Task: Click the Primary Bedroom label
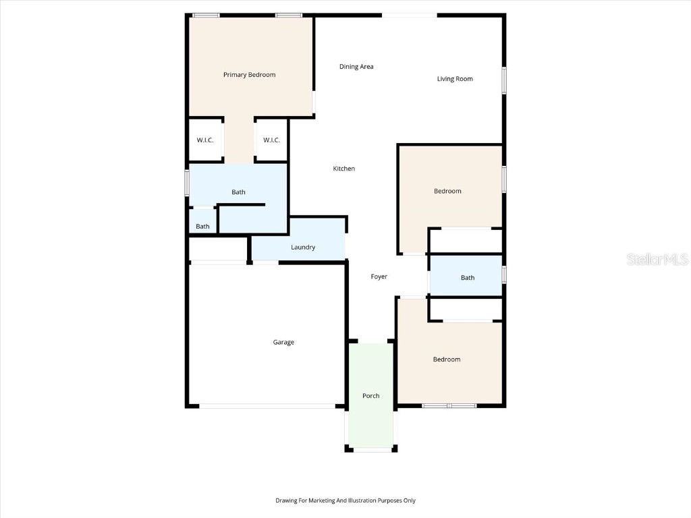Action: tap(249, 75)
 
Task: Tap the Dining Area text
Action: tap(356, 67)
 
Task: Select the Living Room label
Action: tap(455, 79)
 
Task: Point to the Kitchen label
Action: tap(344, 169)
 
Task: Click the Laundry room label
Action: tap(303, 248)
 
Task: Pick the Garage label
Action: tap(283, 343)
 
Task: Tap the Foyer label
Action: tap(379, 277)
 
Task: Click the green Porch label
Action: tap(371, 396)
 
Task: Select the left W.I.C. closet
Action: tap(205, 140)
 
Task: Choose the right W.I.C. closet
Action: tap(271, 140)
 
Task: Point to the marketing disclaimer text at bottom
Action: tap(345, 500)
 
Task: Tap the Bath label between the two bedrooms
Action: tap(468, 278)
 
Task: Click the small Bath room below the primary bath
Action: tap(203, 227)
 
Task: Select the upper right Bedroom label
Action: tap(447, 192)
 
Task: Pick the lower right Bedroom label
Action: tap(447, 359)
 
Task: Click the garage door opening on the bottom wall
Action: tap(267, 406)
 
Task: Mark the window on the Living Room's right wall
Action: tap(504, 80)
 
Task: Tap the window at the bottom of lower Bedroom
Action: tap(449, 406)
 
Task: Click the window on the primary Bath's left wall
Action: tap(188, 182)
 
